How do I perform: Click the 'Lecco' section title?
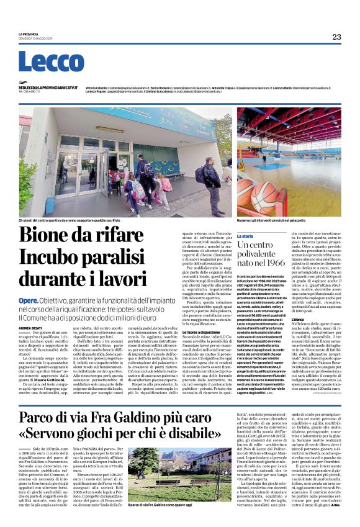pyautogui.click(x=42, y=61)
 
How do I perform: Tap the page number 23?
pyautogui.click(x=336, y=37)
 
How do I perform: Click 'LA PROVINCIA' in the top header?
pyautogui.click(x=28, y=34)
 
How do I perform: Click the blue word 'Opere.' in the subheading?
pyautogui.click(x=28, y=300)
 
